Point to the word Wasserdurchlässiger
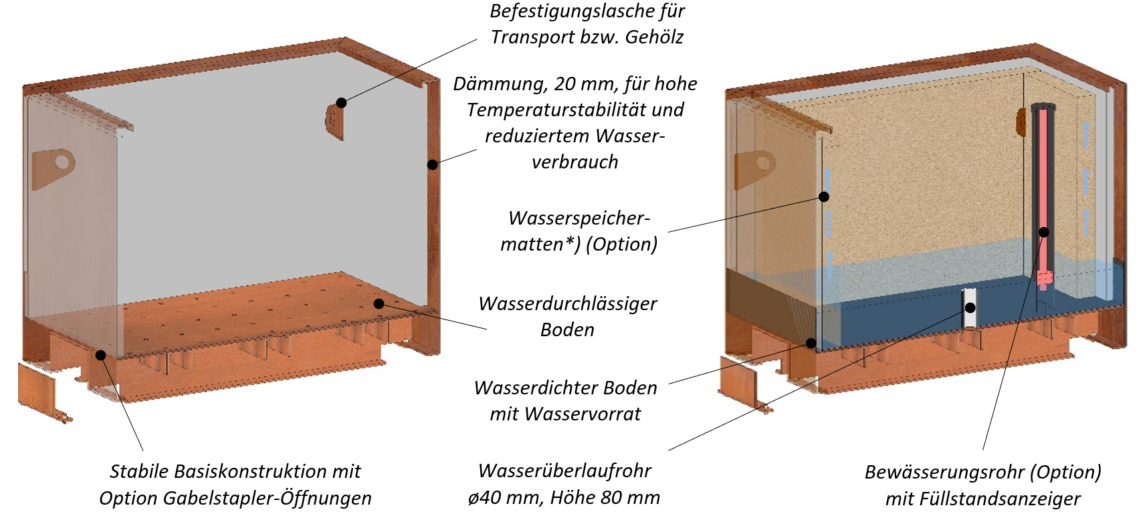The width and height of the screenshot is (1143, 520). pos(568,303)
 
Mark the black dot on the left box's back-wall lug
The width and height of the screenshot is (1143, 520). pos(341,102)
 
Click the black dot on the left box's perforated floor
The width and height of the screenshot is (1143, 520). pos(379,303)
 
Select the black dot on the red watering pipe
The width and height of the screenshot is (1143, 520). pos(1044,232)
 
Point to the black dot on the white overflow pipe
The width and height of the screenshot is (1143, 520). pos(969,308)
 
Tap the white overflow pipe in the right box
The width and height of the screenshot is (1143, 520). pos(968,317)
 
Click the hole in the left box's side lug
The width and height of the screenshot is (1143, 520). pos(62,160)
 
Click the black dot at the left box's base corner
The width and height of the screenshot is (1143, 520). pos(100,354)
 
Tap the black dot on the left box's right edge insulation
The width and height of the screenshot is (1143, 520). pos(433,164)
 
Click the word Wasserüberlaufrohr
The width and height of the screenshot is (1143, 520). pos(564,471)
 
